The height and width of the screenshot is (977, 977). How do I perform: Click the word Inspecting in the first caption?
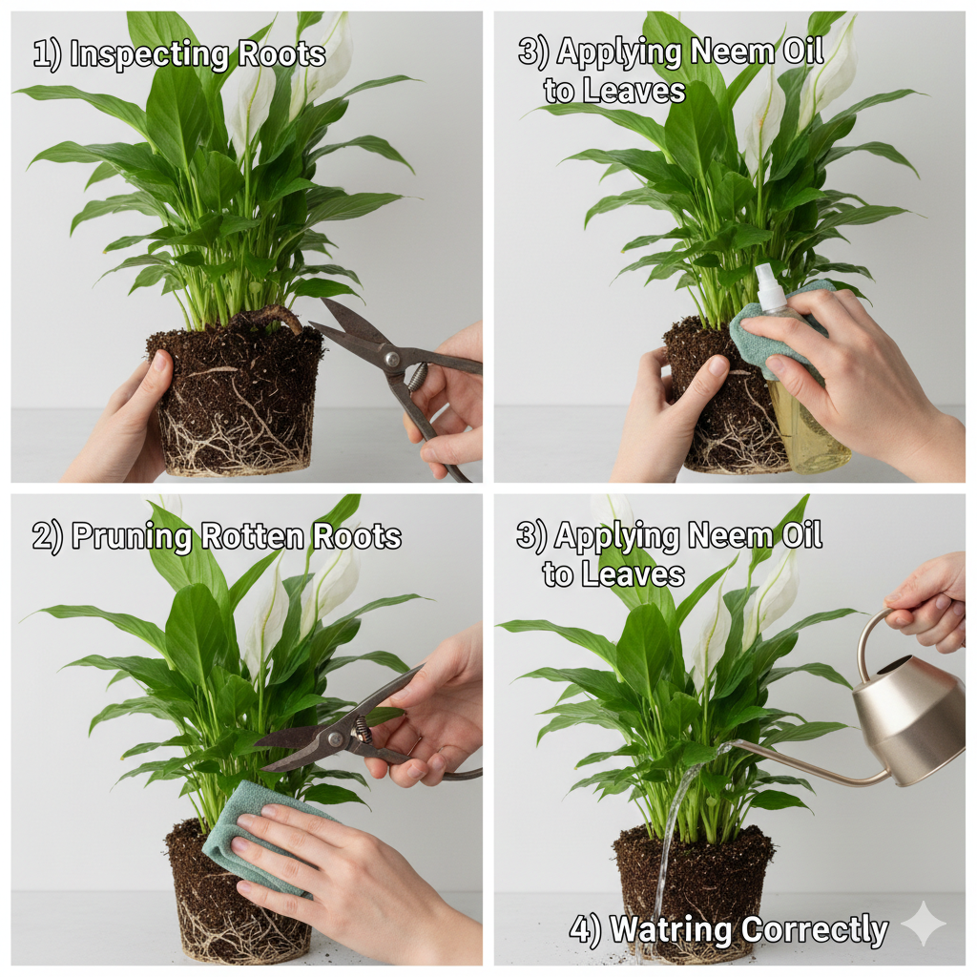pyautogui.click(x=149, y=54)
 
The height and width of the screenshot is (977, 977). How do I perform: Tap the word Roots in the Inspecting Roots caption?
pyautogui.click(x=281, y=54)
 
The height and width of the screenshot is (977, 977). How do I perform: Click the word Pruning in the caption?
pyautogui.click(x=131, y=537)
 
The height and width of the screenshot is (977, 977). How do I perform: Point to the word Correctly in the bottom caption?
pyautogui.click(x=816, y=930)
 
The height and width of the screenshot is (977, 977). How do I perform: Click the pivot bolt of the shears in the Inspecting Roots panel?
pyautogui.click(x=391, y=359)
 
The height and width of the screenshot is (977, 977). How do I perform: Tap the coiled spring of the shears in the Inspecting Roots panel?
pyautogui.click(x=417, y=376)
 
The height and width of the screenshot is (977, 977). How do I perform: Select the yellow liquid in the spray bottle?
pyautogui.click(x=810, y=430)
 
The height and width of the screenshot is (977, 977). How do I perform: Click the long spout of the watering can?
pyautogui.click(x=803, y=761)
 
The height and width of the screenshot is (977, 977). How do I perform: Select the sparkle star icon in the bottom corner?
pyautogui.click(x=924, y=924)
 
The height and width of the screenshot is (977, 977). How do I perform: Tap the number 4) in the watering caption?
pyautogui.click(x=586, y=929)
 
